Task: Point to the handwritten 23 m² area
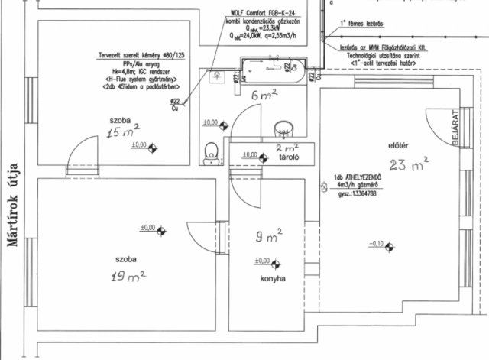coord(408,164)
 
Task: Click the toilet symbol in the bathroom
coord(212,151)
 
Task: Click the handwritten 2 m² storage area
coord(287,147)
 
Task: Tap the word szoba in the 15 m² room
coord(118,121)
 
